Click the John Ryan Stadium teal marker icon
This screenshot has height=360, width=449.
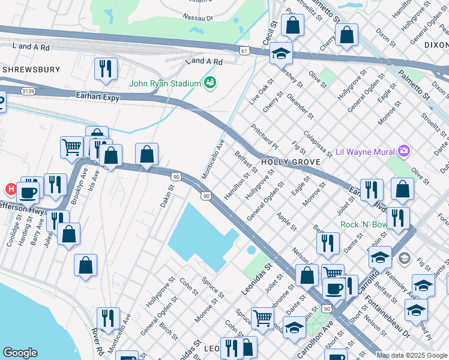click(x=209, y=82)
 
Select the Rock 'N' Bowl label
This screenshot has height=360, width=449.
click(x=363, y=225)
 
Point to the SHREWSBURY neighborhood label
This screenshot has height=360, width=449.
click(x=31, y=70)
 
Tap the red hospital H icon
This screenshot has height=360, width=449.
click(x=10, y=189)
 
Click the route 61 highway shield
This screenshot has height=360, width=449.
click(x=243, y=51)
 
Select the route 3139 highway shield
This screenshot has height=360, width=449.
click(x=27, y=91)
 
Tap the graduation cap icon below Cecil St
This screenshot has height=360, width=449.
click(x=281, y=53)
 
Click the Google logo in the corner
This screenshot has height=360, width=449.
click(x=20, y=353)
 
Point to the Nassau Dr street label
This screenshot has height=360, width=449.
click(x=198, y=18)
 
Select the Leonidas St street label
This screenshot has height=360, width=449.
click(x=257, y=275)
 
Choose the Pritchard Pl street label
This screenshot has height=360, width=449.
click(x=265, y=137)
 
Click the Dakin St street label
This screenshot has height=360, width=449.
click(x=166, y=196)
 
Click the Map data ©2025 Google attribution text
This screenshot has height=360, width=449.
click(x=411, y=355)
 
